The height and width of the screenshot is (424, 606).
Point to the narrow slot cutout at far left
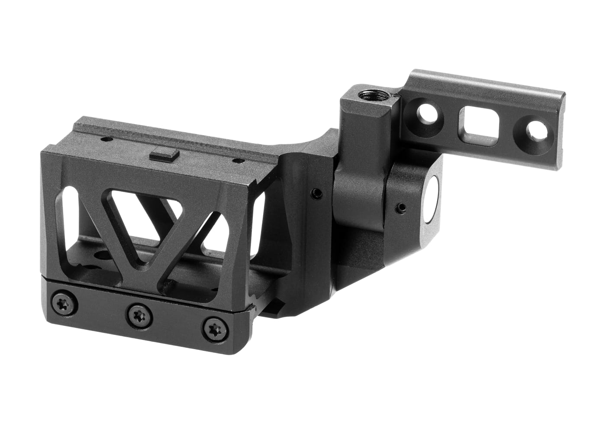click(64, 225)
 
